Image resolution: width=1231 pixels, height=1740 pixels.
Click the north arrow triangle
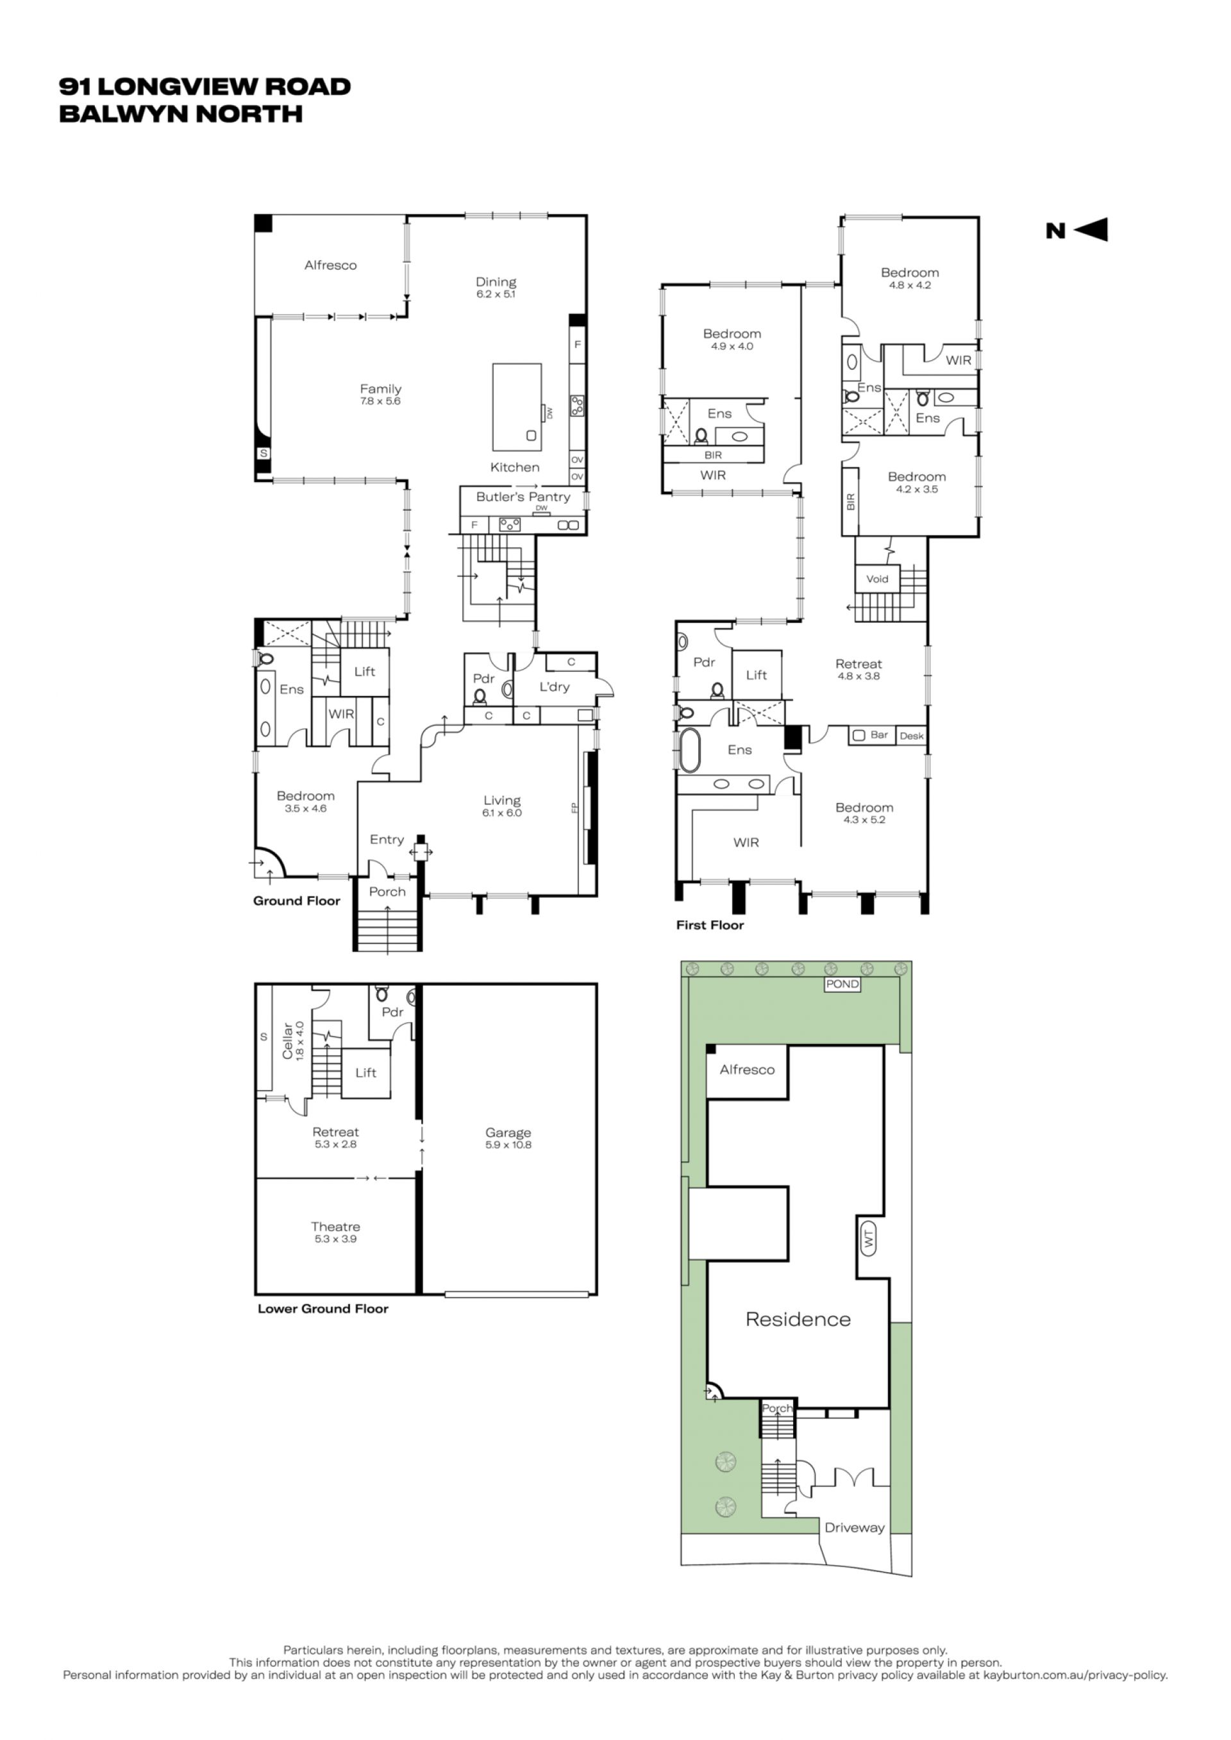point(1094,229)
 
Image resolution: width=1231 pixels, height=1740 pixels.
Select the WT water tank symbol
point(869,1238)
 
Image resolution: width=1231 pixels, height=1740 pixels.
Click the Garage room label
point(508,1133)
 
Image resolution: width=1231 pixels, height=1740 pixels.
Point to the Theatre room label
point(335,1226)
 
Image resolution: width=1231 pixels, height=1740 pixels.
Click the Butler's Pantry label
point(523,497)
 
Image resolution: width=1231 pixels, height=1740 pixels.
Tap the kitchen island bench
point(517,407)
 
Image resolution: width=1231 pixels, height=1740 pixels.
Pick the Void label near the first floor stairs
point(877,579)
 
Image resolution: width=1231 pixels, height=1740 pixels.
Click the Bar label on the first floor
point(879,734)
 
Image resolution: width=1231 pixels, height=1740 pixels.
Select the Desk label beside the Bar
point(912,736)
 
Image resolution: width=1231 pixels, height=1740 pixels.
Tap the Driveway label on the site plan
point(854,1528)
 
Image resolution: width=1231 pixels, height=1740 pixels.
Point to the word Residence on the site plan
point(798,1320)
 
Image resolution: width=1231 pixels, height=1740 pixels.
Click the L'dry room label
point(554,686)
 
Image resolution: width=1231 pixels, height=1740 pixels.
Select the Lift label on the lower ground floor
point(365,1072)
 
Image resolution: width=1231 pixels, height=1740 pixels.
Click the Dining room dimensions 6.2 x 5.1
point(496,294)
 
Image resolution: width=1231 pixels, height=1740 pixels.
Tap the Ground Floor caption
point(296,901)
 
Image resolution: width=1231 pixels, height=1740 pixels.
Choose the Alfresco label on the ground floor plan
point(330,265)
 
